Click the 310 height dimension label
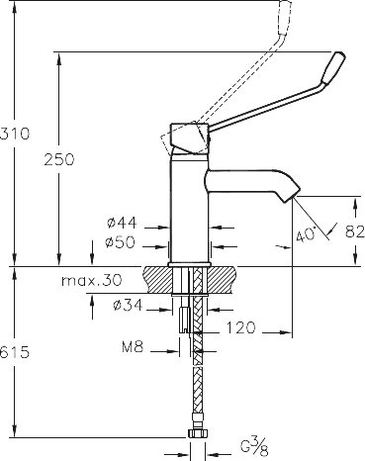point(15,134)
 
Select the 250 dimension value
point(59,159)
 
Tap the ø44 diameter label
point(122,224)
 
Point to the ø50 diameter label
point(121,242)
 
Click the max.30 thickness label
point(92,281)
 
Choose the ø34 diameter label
point(128,305)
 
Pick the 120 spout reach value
point(241,327)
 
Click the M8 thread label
point(133,346)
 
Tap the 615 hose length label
point(15,353)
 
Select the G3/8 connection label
point(254,446)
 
